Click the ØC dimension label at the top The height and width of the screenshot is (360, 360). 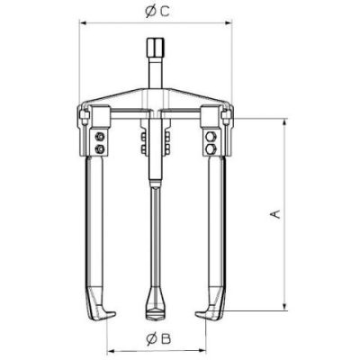tap(157, 12)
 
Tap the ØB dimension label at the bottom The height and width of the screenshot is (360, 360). tap(158, 339)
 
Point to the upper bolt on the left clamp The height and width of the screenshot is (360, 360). tap(100, 137)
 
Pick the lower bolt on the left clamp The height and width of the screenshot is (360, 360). tap(100, 148)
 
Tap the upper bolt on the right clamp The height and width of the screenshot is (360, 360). tap(211, 137)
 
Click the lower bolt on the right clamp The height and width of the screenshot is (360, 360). tap(211, 148)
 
